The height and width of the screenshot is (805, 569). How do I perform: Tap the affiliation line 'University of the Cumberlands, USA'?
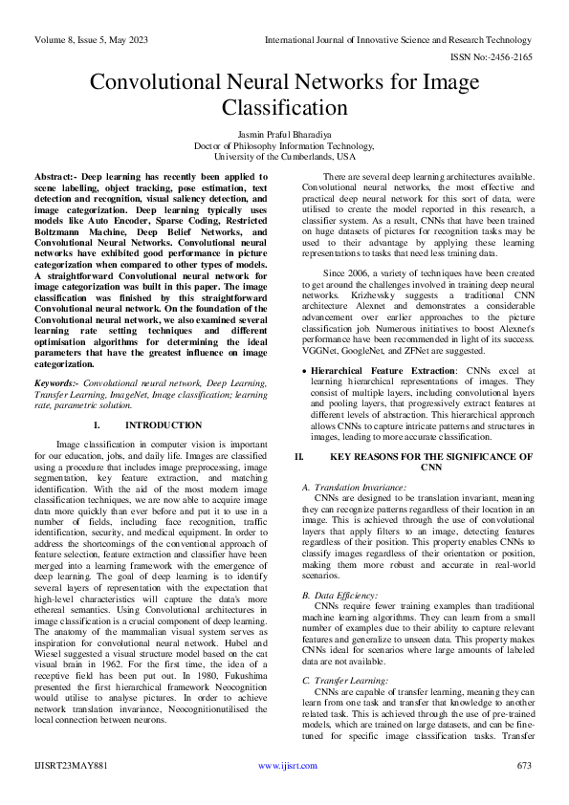[x=284, y=156]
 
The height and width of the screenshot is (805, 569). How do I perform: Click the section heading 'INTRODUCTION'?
[x=164, y=424]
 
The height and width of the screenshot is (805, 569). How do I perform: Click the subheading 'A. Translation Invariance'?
[x=354, y=488]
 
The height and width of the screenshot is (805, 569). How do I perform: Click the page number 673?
[x=523, y=792]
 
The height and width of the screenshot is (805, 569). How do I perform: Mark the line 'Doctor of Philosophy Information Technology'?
[x=284, y=145]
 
